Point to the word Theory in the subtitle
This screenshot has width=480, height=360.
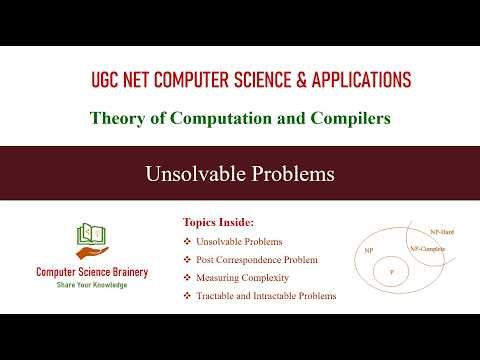114,118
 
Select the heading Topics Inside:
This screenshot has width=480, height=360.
219,222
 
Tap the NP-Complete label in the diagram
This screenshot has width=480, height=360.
427,247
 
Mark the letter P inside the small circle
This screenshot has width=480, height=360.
392,271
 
